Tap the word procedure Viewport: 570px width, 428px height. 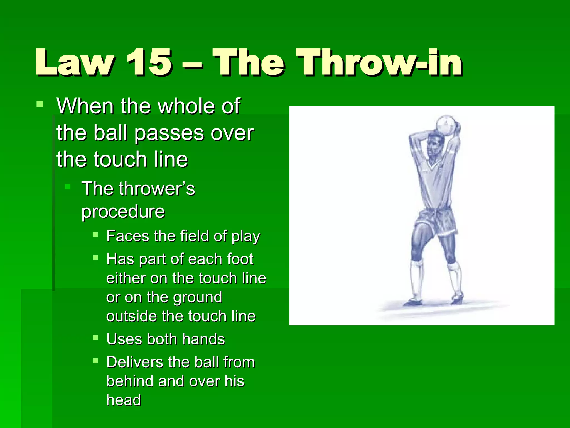pos(123,212)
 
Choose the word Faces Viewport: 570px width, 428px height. pos(128,236)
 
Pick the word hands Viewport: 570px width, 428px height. pos(203,339)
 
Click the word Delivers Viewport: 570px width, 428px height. pos(135,362)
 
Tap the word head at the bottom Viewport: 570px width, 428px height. pos(124,400)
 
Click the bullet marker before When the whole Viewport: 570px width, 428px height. pos(40,104)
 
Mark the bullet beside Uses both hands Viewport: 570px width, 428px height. pos(95,338)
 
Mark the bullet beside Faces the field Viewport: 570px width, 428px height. pos(95,235)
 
